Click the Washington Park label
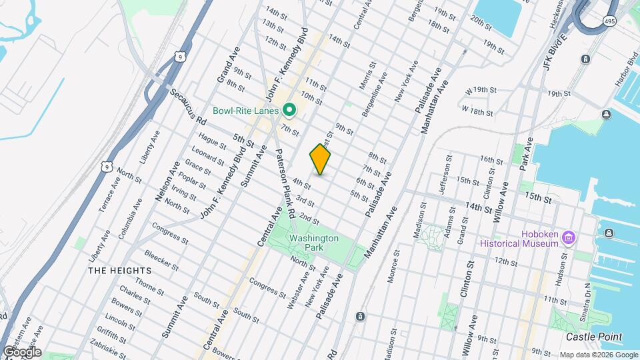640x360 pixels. coord(313,243)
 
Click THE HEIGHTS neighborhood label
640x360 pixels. coord(119,271)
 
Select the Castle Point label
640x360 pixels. coord(595,337)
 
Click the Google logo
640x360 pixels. coord(22,351)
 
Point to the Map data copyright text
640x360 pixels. coord(599,355)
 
